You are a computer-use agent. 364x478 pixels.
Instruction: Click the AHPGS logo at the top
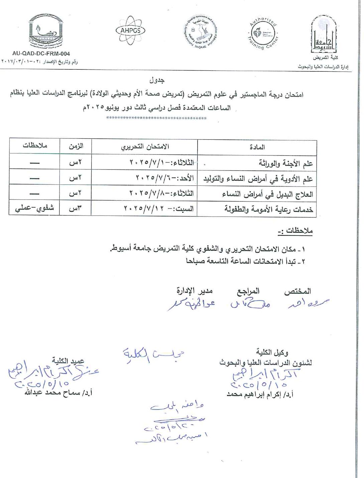click(x=130, y=30)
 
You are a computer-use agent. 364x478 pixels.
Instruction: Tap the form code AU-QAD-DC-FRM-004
click(x=41, y=53)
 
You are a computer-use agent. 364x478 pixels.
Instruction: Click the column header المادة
click(x=257, y=147)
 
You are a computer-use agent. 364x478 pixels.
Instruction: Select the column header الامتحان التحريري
click(x=145, y=147)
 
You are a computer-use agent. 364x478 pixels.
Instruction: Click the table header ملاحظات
click(x=35, y=146)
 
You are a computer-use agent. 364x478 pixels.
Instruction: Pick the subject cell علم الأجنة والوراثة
click(x=286, y=163)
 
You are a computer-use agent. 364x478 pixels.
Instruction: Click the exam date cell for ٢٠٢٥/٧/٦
click(x=165, y=178)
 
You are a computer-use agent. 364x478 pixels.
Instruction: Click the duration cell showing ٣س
click(x=76, y=209)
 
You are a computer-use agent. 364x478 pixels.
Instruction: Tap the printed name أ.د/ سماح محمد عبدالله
click(x=58, y=393)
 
